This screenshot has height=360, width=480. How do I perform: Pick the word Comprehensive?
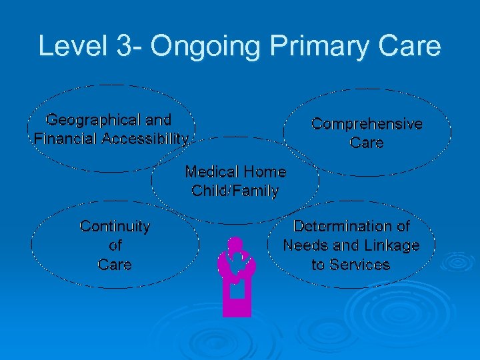point(367,124)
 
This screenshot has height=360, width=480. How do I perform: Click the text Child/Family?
point(235,191)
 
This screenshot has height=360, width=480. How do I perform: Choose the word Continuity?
point(115,227)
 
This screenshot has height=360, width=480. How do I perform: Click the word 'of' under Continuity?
point(115,245)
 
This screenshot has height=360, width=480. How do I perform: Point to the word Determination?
point(351,227)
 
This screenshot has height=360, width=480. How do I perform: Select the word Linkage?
point(393,245)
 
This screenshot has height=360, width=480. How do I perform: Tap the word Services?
point(360,264)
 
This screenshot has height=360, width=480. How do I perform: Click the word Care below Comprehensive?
point(367,143)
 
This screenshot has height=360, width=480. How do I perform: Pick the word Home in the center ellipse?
point(265,172)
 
